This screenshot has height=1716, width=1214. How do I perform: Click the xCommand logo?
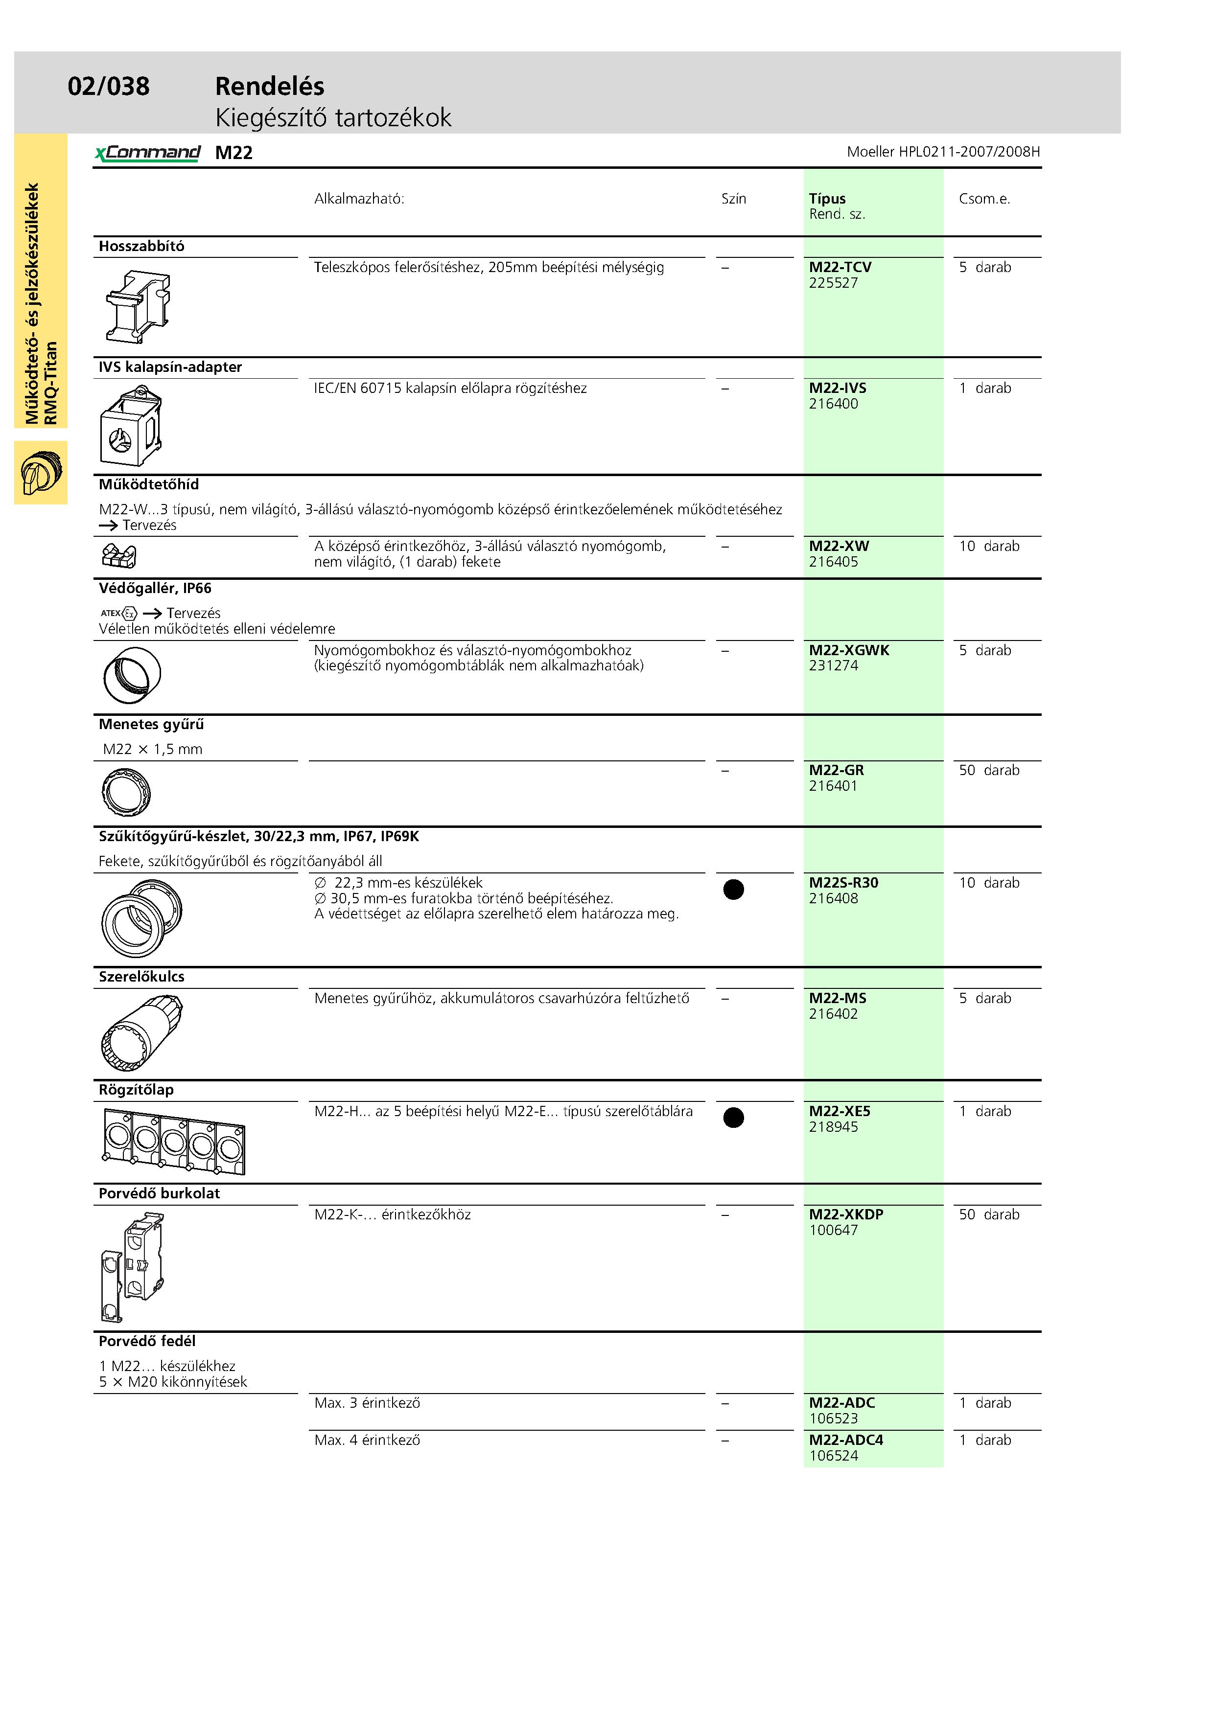point(147,153)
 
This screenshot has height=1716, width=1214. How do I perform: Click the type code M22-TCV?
point(840,267)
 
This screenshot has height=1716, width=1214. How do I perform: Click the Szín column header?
point(733,199)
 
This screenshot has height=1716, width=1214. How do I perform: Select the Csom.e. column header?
point(984,199)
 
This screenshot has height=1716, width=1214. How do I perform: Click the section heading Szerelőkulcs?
point(141,977)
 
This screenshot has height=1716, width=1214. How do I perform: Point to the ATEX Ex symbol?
point(119,613)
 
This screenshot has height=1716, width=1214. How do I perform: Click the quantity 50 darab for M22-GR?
point(988,770)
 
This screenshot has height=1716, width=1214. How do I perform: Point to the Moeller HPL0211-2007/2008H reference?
point(943,152)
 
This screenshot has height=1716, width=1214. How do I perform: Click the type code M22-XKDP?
point(845,1214)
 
